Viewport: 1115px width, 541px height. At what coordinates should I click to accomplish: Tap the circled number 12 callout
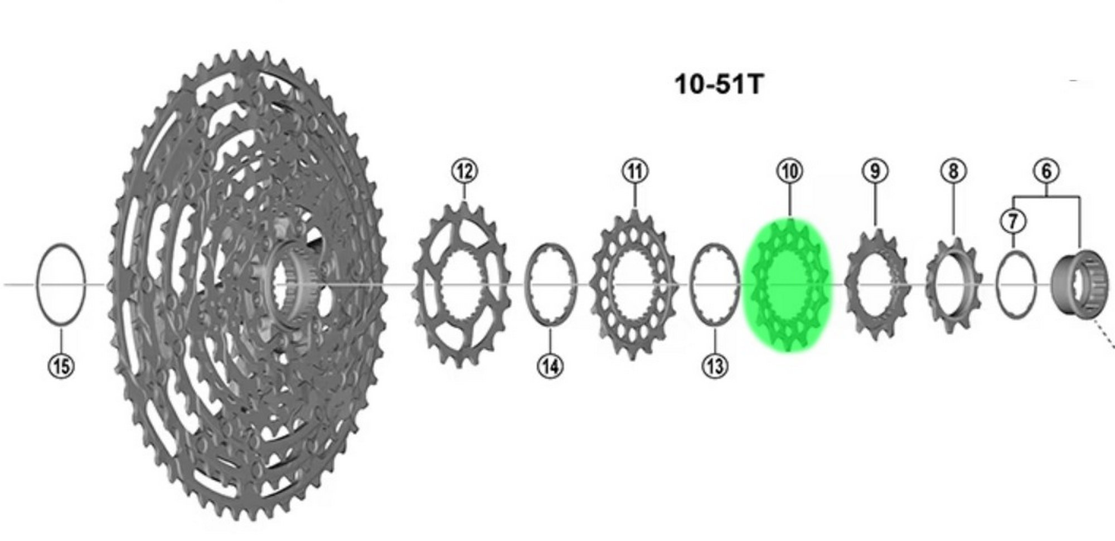coord(465,171)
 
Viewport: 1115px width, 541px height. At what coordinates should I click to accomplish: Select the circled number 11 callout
coord(635,171)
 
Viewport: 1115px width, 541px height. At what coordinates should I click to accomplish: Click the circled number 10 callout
coord(789,171)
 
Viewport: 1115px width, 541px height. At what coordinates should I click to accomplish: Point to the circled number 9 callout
coord(875,171)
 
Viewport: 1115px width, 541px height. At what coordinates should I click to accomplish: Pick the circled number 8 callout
coord(953,171)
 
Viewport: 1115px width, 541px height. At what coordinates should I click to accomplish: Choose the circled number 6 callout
coord(1046,171)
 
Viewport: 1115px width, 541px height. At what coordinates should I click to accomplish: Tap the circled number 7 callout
coord(1013,221)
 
